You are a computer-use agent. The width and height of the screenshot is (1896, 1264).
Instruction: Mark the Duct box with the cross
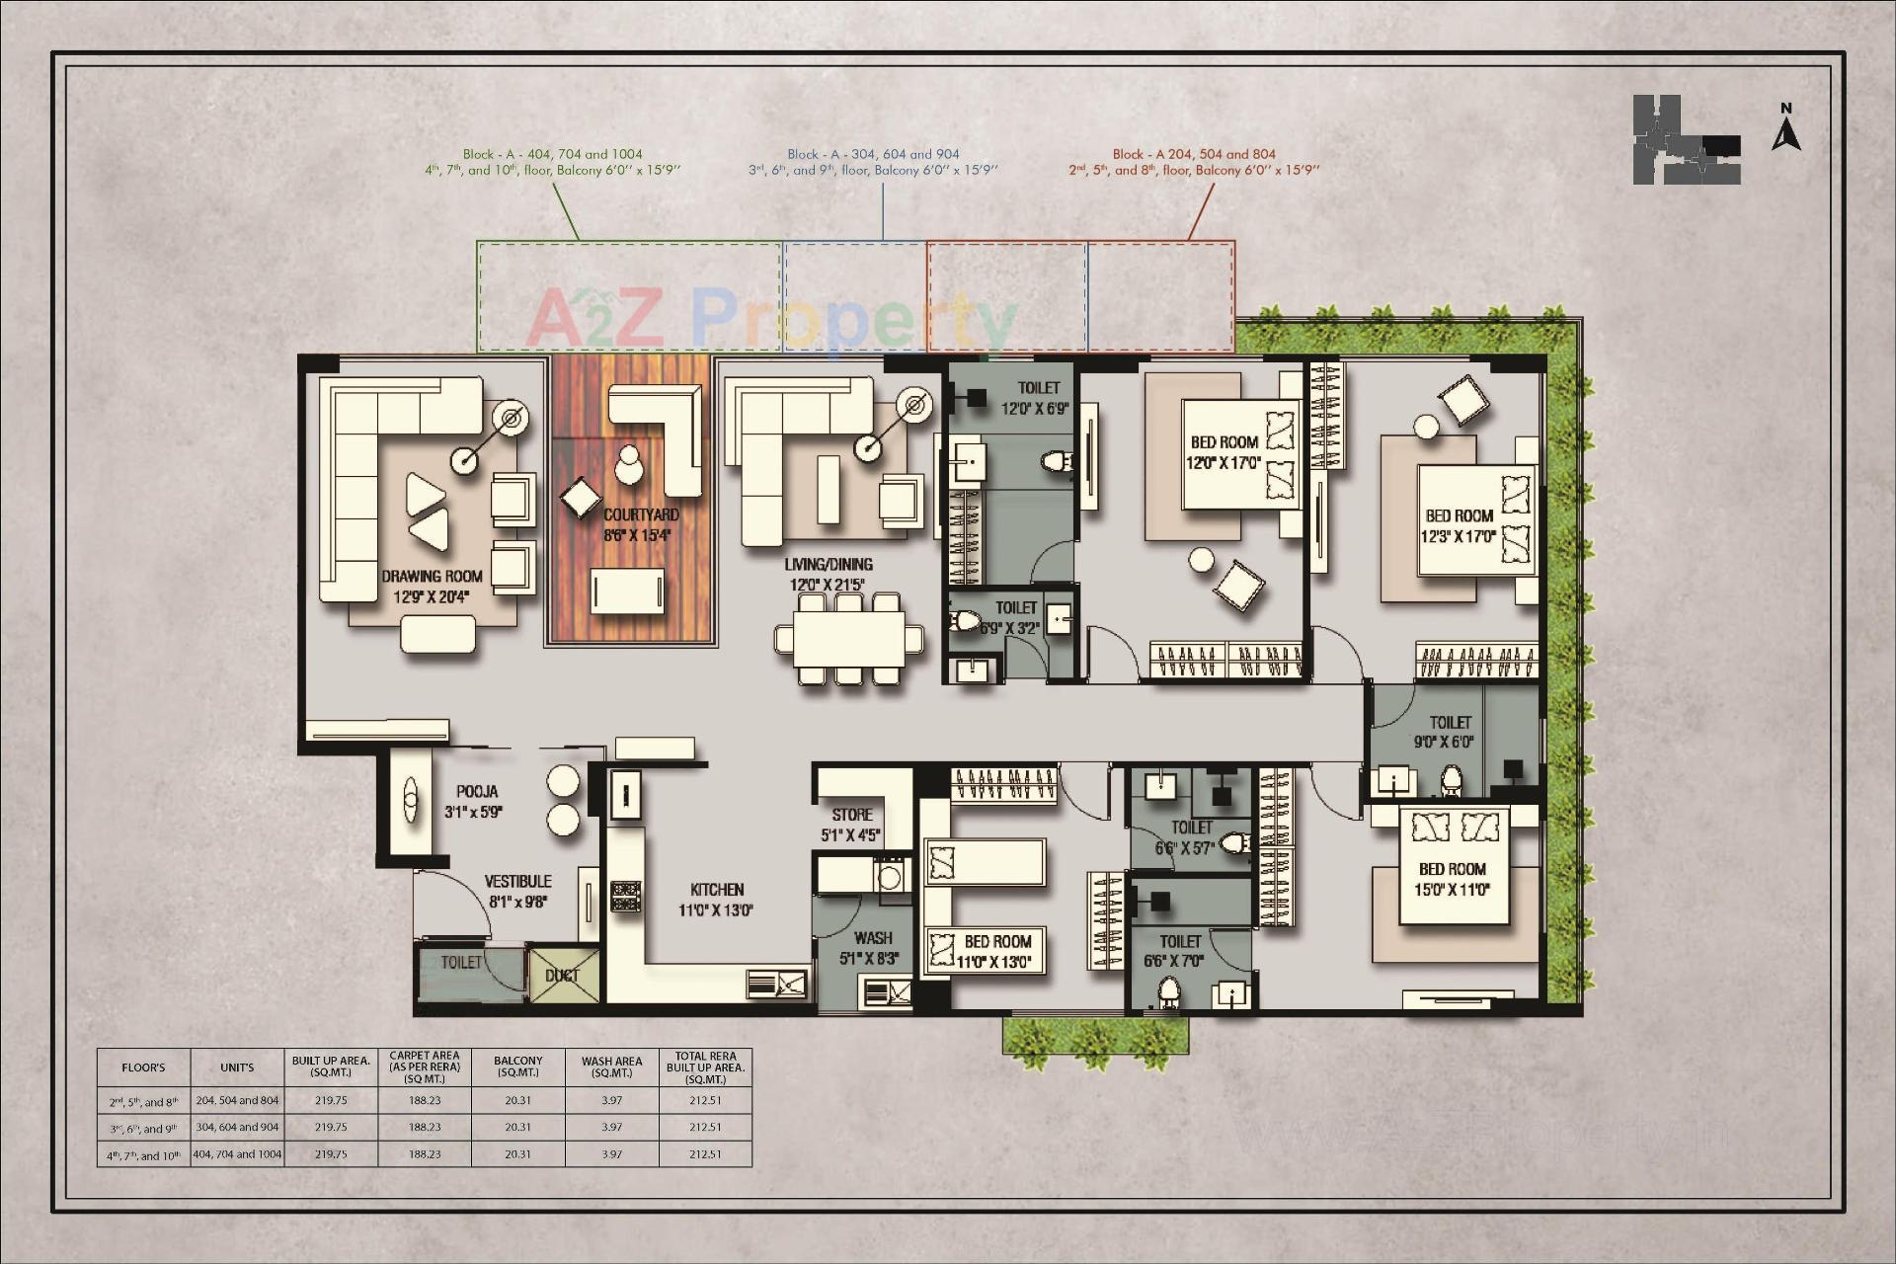tap(563, 975)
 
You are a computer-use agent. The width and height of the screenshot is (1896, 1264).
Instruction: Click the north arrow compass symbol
tap(1785, 128)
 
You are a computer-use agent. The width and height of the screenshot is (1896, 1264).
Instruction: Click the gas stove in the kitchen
tap(625, 897)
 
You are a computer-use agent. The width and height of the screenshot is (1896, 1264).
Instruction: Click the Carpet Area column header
tap(425, 1066)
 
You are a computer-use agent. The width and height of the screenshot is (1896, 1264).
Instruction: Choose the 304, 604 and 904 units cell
tap(237, 1127)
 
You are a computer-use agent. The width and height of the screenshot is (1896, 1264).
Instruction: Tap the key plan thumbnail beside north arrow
tap(1686, 139)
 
